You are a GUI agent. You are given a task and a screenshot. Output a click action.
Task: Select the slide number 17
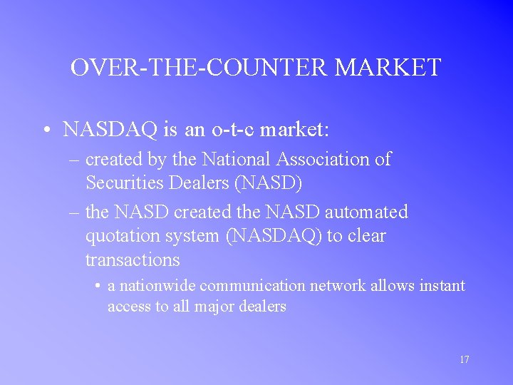[x=464, y=359]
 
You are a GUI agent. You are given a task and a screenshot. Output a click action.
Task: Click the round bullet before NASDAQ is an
[x=45, y=130]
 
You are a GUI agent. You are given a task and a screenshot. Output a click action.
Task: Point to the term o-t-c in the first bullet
[x=232, y=130]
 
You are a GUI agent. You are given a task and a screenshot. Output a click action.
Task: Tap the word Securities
[x=124, y=183]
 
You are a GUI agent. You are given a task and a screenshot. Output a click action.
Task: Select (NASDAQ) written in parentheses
[x=274, y=235]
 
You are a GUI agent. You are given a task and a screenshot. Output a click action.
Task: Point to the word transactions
[x=133, y=259]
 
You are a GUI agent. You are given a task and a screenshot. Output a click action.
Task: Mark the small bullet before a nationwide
[x=97, y=287]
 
